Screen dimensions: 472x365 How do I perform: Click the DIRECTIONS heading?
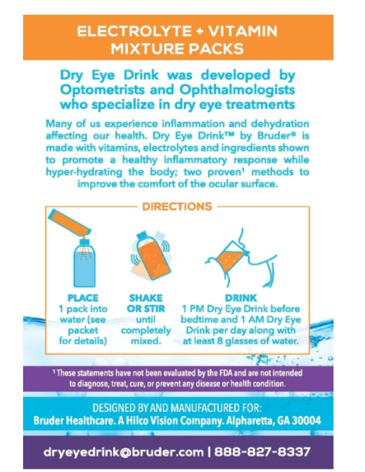pos(177,206)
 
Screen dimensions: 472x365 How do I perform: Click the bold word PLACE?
pos(83,298)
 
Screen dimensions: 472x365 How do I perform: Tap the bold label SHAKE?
pos(145,298)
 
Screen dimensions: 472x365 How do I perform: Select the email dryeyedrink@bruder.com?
pos(123,452)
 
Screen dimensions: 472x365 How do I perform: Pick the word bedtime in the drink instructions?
pos(207,319)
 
